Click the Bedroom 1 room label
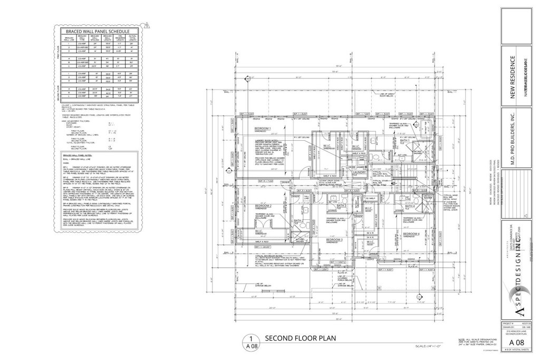point(263,129)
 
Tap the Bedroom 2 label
point(263,205)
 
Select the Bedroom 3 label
point(334,240)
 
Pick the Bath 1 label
point(406,141)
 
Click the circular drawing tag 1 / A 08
point(252,342)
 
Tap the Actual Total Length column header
point(133,40)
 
